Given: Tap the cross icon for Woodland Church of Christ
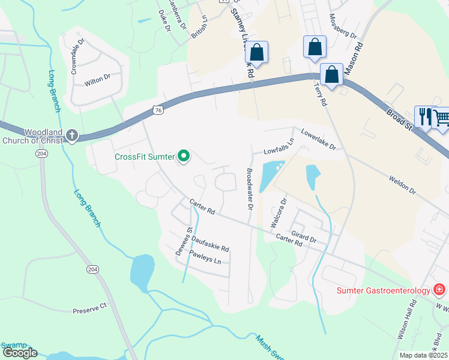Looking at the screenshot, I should coord(72,135).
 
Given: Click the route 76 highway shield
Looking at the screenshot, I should coord(158,110).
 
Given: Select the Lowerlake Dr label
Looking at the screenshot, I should coord(318,139).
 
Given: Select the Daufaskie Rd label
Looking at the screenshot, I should coord(210,242).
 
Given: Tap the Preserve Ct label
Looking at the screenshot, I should coord(89,308).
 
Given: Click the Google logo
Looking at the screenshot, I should coord(20,353).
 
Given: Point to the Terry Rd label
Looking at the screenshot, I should coord(319,94).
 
